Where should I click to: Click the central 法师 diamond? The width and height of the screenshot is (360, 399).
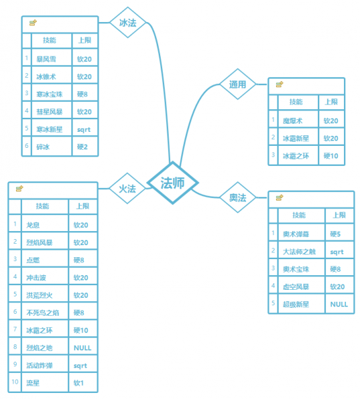tap(173, 183)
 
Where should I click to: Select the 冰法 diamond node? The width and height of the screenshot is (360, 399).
tap(128, 23)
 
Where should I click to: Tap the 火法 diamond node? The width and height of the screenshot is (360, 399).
tap(127, 189)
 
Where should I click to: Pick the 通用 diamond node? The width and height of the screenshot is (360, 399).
tap(237, 84)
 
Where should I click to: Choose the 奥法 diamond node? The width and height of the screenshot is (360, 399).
tap(237, 197)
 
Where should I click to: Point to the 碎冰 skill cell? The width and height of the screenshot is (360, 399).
tap(52, 146)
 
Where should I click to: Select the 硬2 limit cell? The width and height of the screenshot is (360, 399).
tap(85, 146)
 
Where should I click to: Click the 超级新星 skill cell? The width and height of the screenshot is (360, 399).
tap(301, 304)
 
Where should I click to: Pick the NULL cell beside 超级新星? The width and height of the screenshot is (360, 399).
tap(339, 304)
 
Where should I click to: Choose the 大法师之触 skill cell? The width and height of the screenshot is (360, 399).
tap(301, 250)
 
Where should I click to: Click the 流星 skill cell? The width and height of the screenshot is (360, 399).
tap(45, 382)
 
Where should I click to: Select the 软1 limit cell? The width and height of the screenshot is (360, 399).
tap(83, 382)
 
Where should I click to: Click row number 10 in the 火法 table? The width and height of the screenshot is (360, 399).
tap(15, 382)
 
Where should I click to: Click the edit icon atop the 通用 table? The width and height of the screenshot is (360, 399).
tap(279, 85)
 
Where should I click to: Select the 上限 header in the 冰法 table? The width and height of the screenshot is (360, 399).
tap(85, 41)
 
